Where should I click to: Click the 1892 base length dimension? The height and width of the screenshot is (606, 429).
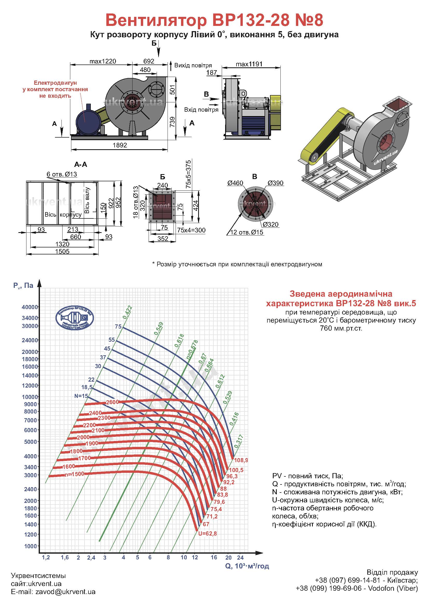(120, 145)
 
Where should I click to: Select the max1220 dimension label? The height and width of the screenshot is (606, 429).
(103, 61)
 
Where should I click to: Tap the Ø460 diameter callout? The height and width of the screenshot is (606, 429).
(235, 183)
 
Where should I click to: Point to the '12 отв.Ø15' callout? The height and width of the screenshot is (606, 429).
(247, 232)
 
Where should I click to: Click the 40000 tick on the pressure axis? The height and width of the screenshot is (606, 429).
(30, 307)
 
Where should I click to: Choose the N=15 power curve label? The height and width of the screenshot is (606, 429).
(81, 396)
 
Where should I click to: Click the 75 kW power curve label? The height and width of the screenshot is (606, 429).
(118, 326)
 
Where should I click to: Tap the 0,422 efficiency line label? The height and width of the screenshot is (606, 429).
(128, 312)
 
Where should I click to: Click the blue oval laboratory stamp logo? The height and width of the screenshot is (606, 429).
(75, 318)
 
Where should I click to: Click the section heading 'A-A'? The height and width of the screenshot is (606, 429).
(81, 165)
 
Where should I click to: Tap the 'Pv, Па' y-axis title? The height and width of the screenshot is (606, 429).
(23, 285)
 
